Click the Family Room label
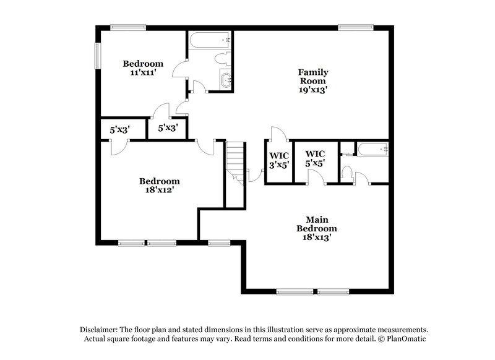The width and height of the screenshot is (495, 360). click(314, 80)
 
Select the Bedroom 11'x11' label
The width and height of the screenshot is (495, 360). click(143, 68)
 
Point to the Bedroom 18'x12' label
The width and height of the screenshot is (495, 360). click(160, 186)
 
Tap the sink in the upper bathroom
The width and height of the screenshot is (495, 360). click(225, 80)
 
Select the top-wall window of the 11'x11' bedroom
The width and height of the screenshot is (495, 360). click(128, 27)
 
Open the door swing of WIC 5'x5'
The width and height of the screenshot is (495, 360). click(317, 178)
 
